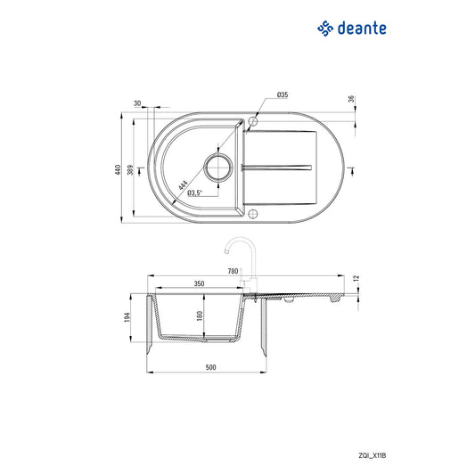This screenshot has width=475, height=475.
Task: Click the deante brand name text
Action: point(363,29)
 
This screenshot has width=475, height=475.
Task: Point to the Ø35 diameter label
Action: point(282,94)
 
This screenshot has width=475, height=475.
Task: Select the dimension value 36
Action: point(352,100)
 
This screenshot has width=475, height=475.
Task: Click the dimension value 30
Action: point(138,103)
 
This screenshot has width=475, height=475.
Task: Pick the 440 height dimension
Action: point(117,170)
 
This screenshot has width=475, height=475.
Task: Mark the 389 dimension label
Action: point(133,170)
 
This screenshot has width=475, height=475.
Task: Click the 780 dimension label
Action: point(233,271)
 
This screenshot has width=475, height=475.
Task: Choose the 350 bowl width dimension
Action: point(200,283)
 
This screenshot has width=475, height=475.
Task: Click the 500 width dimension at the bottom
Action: point(210,366)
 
